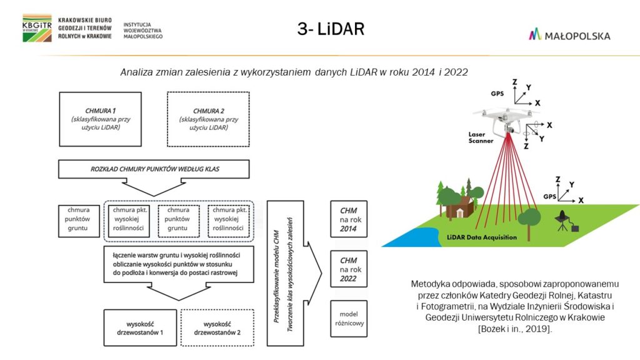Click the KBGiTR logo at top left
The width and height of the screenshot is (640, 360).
coord(37,27)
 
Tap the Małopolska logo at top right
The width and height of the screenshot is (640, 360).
coord(569,35)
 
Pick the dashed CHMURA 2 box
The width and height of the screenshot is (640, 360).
coord(208,119)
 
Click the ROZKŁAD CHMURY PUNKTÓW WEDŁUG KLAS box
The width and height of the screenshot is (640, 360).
coord(153,169)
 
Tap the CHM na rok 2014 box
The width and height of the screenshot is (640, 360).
coord(348,219)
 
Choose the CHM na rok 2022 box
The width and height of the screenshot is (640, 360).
coord(348,269)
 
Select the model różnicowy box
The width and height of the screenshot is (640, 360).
coord(348,319)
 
